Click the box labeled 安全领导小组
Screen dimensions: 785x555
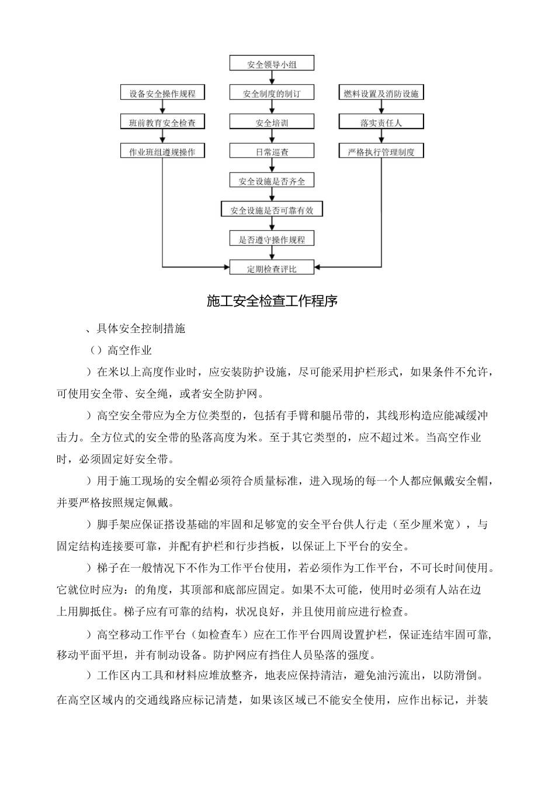pyautogui.click(x=272, y=64)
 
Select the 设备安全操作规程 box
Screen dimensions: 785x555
pyautogui.click(x=162, y=93)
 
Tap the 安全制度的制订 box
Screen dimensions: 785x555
pyautogui.click(x=272, y=93)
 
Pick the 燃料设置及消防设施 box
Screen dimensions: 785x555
pyautogui.click(x=381, y=93)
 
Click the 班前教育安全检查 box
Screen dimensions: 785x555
pyautogui.click(x=162, y=123)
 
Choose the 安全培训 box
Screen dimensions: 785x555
pyautogui.click(x=272, y=123)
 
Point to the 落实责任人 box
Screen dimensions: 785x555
pyautogui.click(x=381, y=123)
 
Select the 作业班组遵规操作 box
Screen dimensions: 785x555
pyautogui.click(x=162, y=152)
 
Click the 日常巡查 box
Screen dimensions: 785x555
pyautogui.click(x=272, y=152)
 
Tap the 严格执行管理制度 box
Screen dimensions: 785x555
pyautogui.click(x=381, y=152)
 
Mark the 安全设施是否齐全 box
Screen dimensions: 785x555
pyautogui.click(x=272, y=181)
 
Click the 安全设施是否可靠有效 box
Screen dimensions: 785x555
pyautogui.click(x=272, y=210)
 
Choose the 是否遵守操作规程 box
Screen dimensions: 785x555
pyautogui.click(x=272, y=239)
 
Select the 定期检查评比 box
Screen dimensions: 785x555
pyautogui.click(x=272, y=269)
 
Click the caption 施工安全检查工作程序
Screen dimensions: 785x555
pyautogui.click(x=272, y=301)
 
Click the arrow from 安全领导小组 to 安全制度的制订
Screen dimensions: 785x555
pyautogui.click(x=272, y=79)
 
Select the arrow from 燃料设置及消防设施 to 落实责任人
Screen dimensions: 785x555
pyautogui.click(x=381, y=108)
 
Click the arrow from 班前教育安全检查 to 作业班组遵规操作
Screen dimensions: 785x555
pyautogui.click(x=162, y=137)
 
